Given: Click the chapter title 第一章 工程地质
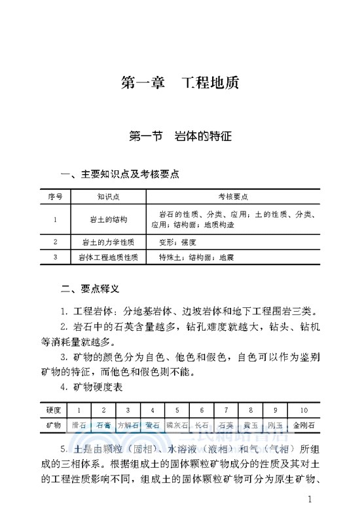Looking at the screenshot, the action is click(180, 83).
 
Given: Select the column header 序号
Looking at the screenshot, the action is click(55, 196).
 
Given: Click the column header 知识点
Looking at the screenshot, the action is click(108, 196).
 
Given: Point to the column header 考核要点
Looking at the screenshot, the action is click(232, 196).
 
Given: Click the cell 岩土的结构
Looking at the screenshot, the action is click(108, 219).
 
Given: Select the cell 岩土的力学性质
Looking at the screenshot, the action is click(108, 242).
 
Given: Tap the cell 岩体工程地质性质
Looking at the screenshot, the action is click(108, 257).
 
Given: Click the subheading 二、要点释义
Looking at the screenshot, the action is click(90, 288).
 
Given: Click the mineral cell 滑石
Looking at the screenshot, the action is click(79, 425).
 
